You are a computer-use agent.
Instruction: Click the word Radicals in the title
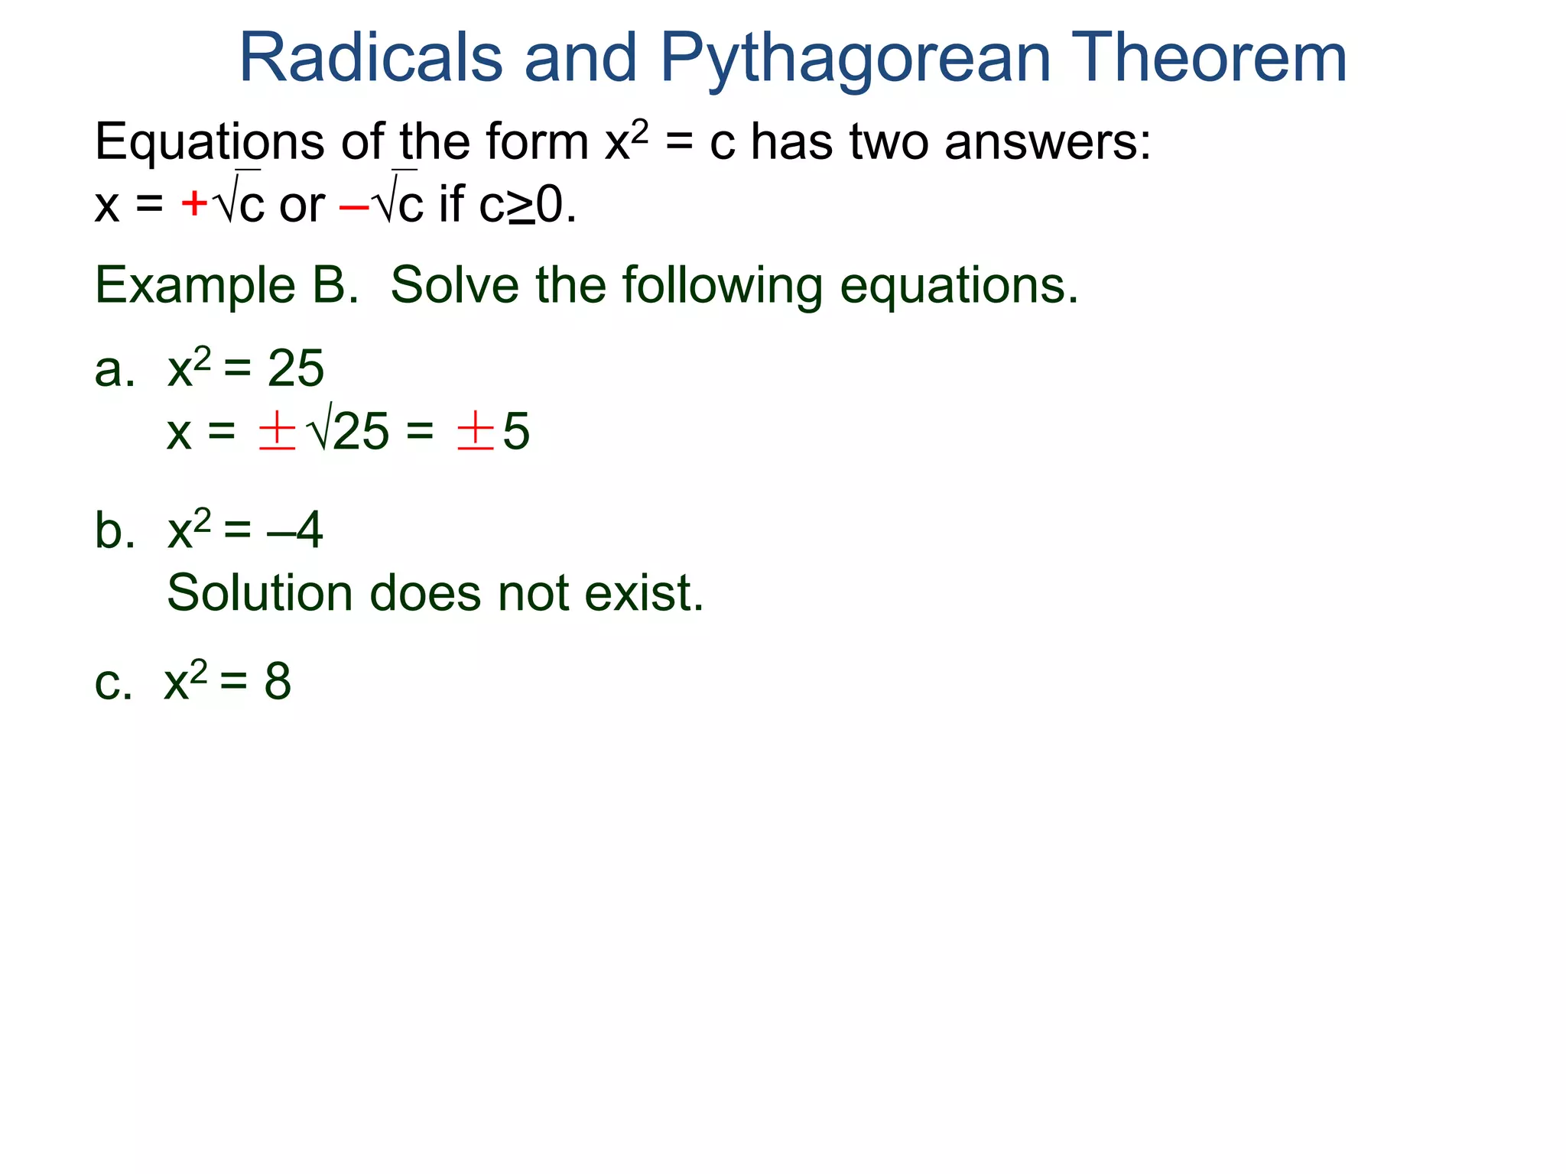click(371, 58)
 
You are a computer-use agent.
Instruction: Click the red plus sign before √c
click(194, 204)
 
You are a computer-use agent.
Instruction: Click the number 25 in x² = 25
click(296, 369)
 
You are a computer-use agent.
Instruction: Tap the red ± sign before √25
click(277, 431)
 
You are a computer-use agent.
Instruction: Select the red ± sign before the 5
click(475, 431)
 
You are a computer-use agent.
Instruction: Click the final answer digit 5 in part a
click(516, 432)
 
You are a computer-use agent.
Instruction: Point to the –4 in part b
click(296, 530)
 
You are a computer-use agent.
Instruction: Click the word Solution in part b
click(259, 593)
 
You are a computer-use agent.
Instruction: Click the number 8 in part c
click(278, 681)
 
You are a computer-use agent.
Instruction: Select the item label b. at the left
click(115, 530)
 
